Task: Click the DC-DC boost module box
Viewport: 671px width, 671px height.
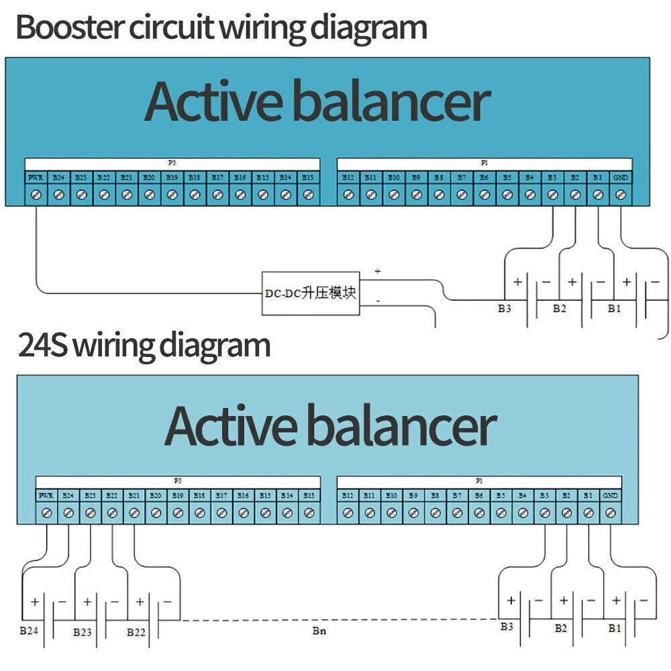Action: tap(310, 293)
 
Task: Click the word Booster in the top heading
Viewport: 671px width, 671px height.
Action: tap(70, 28)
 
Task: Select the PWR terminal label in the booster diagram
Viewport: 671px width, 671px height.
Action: tap(36, 178)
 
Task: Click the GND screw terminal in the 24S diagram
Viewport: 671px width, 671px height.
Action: tap(611, 513)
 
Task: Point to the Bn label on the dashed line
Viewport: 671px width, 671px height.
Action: tap(319, 631)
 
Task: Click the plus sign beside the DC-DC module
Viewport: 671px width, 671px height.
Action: tap(377, 271)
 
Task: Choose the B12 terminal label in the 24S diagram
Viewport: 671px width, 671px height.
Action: tap(348, 495)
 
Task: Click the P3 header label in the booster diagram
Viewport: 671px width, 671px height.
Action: tap(172, 163)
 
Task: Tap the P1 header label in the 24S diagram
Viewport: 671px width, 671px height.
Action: tap(479, 481)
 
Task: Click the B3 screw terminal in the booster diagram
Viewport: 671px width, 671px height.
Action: tap(552, 195)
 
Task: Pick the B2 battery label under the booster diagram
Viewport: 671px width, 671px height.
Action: tap(560, 309)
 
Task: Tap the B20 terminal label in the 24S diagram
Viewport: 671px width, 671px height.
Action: tap(156, 495)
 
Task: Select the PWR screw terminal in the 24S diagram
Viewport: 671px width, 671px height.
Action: tap(46, 513)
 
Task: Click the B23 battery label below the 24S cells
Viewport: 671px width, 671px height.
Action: tap(83, 632)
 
